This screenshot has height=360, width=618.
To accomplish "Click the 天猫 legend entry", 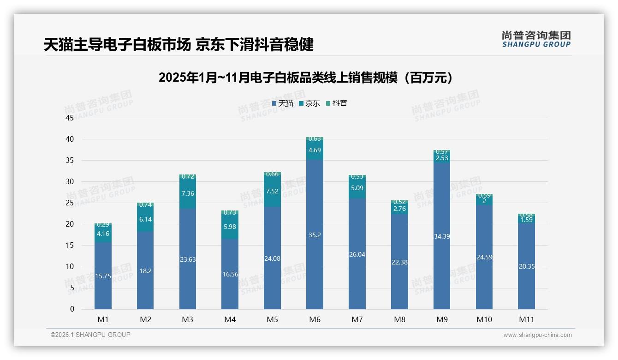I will click(282, 103).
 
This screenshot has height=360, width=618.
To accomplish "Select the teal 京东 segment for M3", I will click(188, 193).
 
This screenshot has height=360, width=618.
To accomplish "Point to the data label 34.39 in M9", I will click(442, 236).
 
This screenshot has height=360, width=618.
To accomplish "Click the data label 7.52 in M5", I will click(272, 191).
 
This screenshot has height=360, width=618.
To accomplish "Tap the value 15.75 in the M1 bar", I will click(103, 276).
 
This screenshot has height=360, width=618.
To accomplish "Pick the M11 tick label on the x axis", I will click(526, 319).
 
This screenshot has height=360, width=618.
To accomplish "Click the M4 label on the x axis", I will click(230, 319).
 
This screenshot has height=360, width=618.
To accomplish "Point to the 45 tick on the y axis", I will click(70, 118).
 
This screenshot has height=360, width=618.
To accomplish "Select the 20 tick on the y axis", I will click(70, 224).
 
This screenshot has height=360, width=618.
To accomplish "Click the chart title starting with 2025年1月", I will click(306, 78).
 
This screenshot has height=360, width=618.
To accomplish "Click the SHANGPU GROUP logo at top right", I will click(536, 39).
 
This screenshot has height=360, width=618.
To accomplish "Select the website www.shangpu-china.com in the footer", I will click(537, 335).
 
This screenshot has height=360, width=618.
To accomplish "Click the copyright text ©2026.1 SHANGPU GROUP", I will click(90, 335).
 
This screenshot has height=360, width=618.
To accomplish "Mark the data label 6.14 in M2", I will click(145, 220).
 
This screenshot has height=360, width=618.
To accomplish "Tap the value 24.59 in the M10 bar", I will click(484, 257).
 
